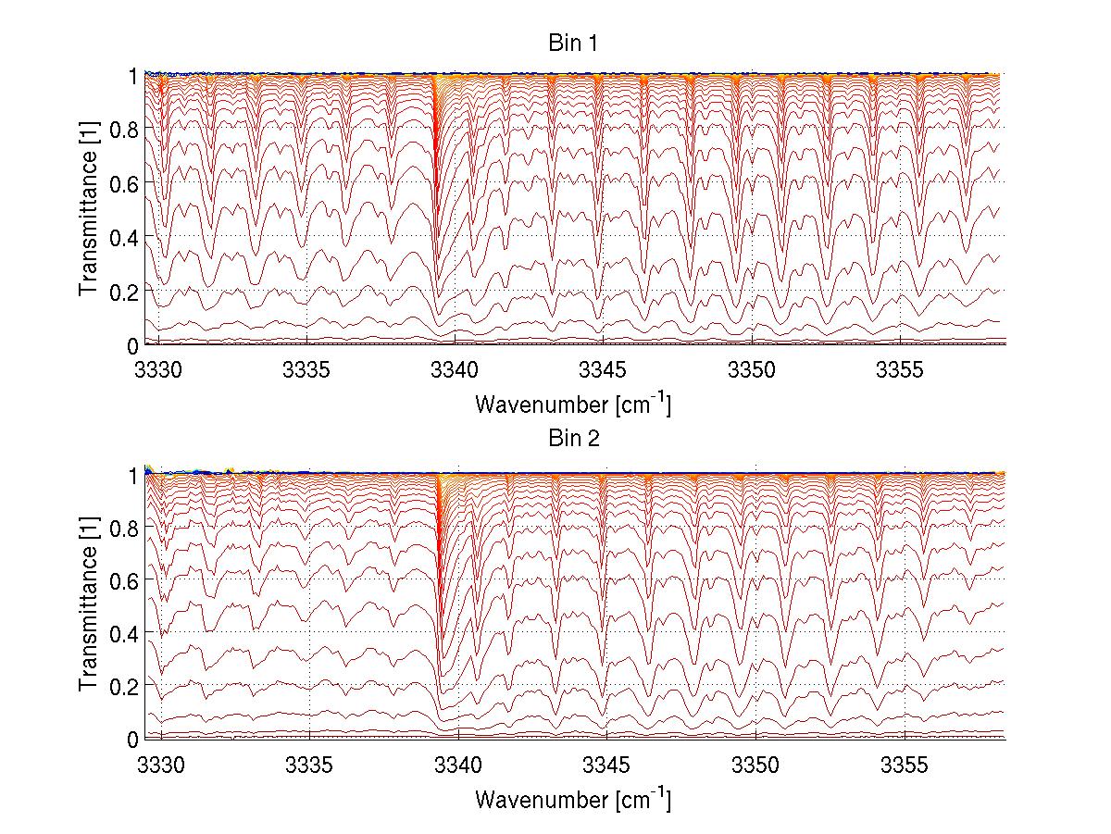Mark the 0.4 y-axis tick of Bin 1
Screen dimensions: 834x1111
(123, 237)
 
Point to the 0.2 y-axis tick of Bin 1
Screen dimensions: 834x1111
(123, 291)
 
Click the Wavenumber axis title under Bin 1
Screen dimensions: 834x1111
(573, 405)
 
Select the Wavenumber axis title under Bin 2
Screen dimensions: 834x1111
(573, 799)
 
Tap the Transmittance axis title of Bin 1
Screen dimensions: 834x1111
(89, 209)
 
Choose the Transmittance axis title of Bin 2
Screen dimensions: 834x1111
(89, 605)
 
